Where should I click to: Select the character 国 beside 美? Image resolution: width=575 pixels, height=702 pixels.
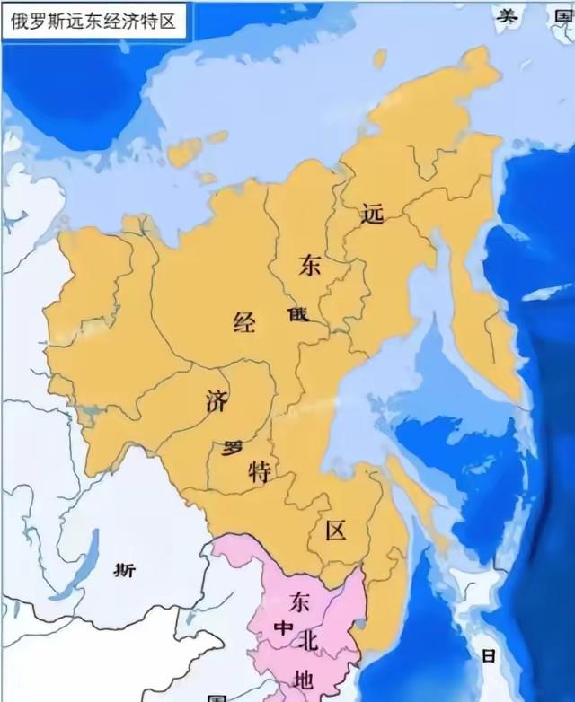point(562,14)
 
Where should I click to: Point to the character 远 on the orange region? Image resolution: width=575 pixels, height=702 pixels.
point(371,214)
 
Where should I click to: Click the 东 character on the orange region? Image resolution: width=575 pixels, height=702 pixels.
point(310,266)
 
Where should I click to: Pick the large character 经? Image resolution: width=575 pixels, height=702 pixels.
point(244,322)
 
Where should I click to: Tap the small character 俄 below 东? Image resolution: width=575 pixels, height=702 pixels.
point(297,315)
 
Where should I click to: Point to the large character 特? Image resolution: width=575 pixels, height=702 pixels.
point(260,472)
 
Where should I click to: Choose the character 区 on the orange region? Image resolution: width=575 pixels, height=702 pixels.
point(335,530)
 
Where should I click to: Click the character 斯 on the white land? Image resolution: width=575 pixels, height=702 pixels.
point(126,569)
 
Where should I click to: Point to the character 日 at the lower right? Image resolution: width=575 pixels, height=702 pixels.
point(488,656)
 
